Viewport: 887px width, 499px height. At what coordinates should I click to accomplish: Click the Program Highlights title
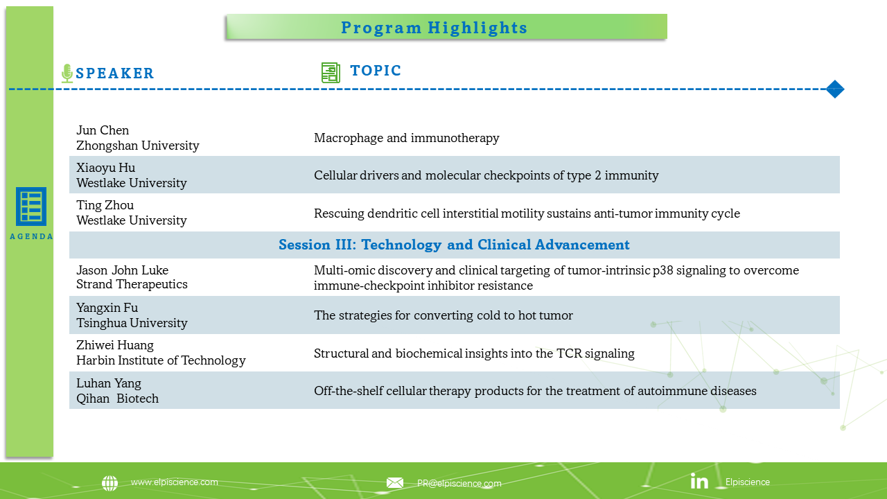(434, 28)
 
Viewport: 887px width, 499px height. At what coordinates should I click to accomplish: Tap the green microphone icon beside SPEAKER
(67, 73)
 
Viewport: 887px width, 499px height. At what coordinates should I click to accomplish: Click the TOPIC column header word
(376, 71)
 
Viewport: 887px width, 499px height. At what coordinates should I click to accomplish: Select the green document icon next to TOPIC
(331, 73)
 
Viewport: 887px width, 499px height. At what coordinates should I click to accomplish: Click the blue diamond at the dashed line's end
(835, 89)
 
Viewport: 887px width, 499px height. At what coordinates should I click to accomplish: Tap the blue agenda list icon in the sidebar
(31, 207)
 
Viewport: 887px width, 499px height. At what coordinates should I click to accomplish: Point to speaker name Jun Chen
(103, 130)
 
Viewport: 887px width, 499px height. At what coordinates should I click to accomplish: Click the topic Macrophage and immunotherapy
(407, 138)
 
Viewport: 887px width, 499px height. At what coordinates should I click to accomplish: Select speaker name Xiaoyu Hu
(106, 168)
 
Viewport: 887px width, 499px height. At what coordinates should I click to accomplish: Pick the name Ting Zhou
(105, 205)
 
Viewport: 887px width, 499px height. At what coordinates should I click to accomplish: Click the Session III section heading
(454, 245)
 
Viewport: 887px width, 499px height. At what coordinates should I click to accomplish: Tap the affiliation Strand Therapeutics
(132, 284)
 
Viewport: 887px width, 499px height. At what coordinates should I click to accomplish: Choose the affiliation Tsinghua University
(132, 323)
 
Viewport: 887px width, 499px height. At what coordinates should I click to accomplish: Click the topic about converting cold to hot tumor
(443, 315)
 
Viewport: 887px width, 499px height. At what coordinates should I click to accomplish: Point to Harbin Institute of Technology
(161, 360)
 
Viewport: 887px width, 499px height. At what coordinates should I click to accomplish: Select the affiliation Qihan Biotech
(117, 399)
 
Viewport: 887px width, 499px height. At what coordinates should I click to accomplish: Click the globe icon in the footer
(109, 483)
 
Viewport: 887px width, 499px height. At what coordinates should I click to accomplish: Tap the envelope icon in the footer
(395, 483)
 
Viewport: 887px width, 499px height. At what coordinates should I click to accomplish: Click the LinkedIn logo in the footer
(699, 481)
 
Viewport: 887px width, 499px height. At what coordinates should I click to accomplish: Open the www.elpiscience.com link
(174, 482)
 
